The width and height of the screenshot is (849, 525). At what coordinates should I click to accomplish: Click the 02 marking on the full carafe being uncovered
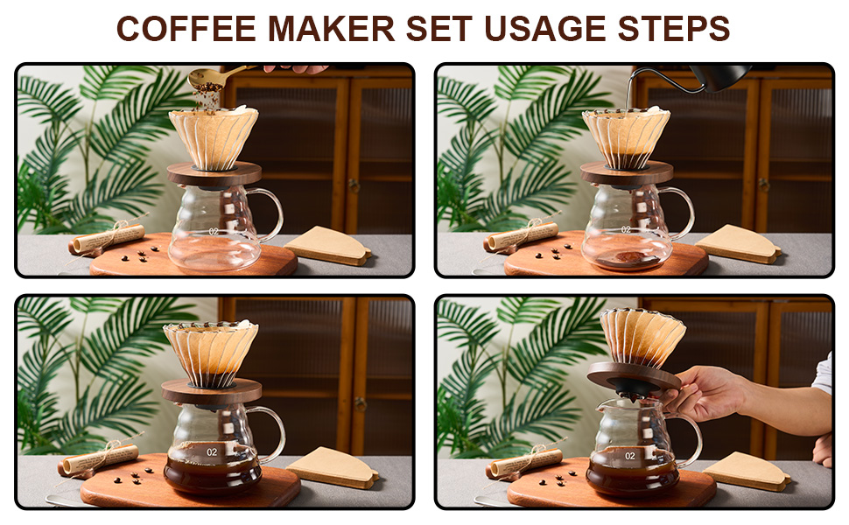(x=629, y=456)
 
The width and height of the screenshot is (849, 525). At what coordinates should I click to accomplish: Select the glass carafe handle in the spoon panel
(x=271, y=214)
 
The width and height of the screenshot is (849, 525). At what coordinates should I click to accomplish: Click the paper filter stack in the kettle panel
(x=740, y=242)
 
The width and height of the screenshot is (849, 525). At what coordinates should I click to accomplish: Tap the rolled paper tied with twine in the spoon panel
(x=105, y=237)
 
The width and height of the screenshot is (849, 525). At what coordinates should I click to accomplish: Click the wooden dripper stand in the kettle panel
(x=627, y=171)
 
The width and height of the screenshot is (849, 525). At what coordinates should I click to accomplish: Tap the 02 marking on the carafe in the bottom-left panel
(x=211, y=451)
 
